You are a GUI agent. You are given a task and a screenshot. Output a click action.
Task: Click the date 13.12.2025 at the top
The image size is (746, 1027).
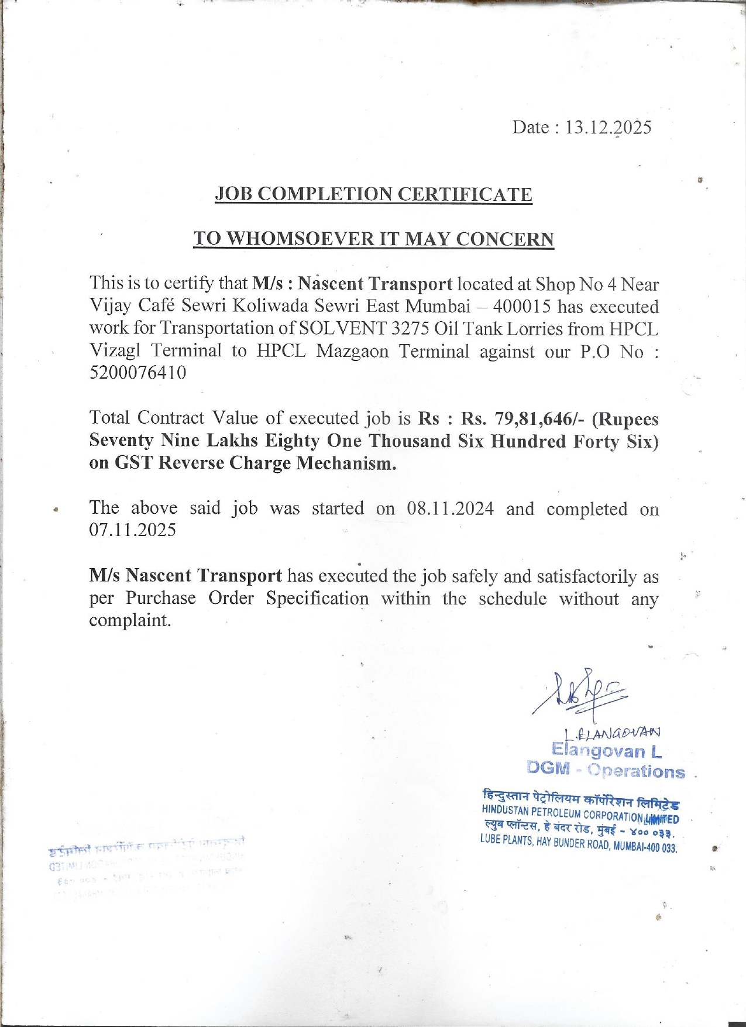607,128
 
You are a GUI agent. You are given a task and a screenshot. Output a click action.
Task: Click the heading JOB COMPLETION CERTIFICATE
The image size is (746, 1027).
373,194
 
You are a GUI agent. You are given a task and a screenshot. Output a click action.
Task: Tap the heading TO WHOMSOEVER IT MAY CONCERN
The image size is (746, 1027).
373,239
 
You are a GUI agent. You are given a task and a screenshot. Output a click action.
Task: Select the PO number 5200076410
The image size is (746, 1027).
138,373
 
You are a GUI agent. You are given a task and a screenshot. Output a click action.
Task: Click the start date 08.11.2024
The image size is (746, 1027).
450,508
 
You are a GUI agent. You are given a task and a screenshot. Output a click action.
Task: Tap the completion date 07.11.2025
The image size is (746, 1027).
132,530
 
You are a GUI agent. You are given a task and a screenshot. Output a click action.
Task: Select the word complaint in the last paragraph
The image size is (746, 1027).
129,620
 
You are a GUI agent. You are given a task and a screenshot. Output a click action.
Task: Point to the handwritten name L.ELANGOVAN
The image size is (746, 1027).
612,732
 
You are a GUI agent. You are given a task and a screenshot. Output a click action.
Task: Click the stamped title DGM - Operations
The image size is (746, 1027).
606,770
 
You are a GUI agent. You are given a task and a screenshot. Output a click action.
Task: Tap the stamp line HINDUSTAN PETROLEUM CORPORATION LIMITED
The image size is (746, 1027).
580,814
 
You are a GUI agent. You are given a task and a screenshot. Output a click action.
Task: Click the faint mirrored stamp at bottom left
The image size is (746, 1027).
146,863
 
